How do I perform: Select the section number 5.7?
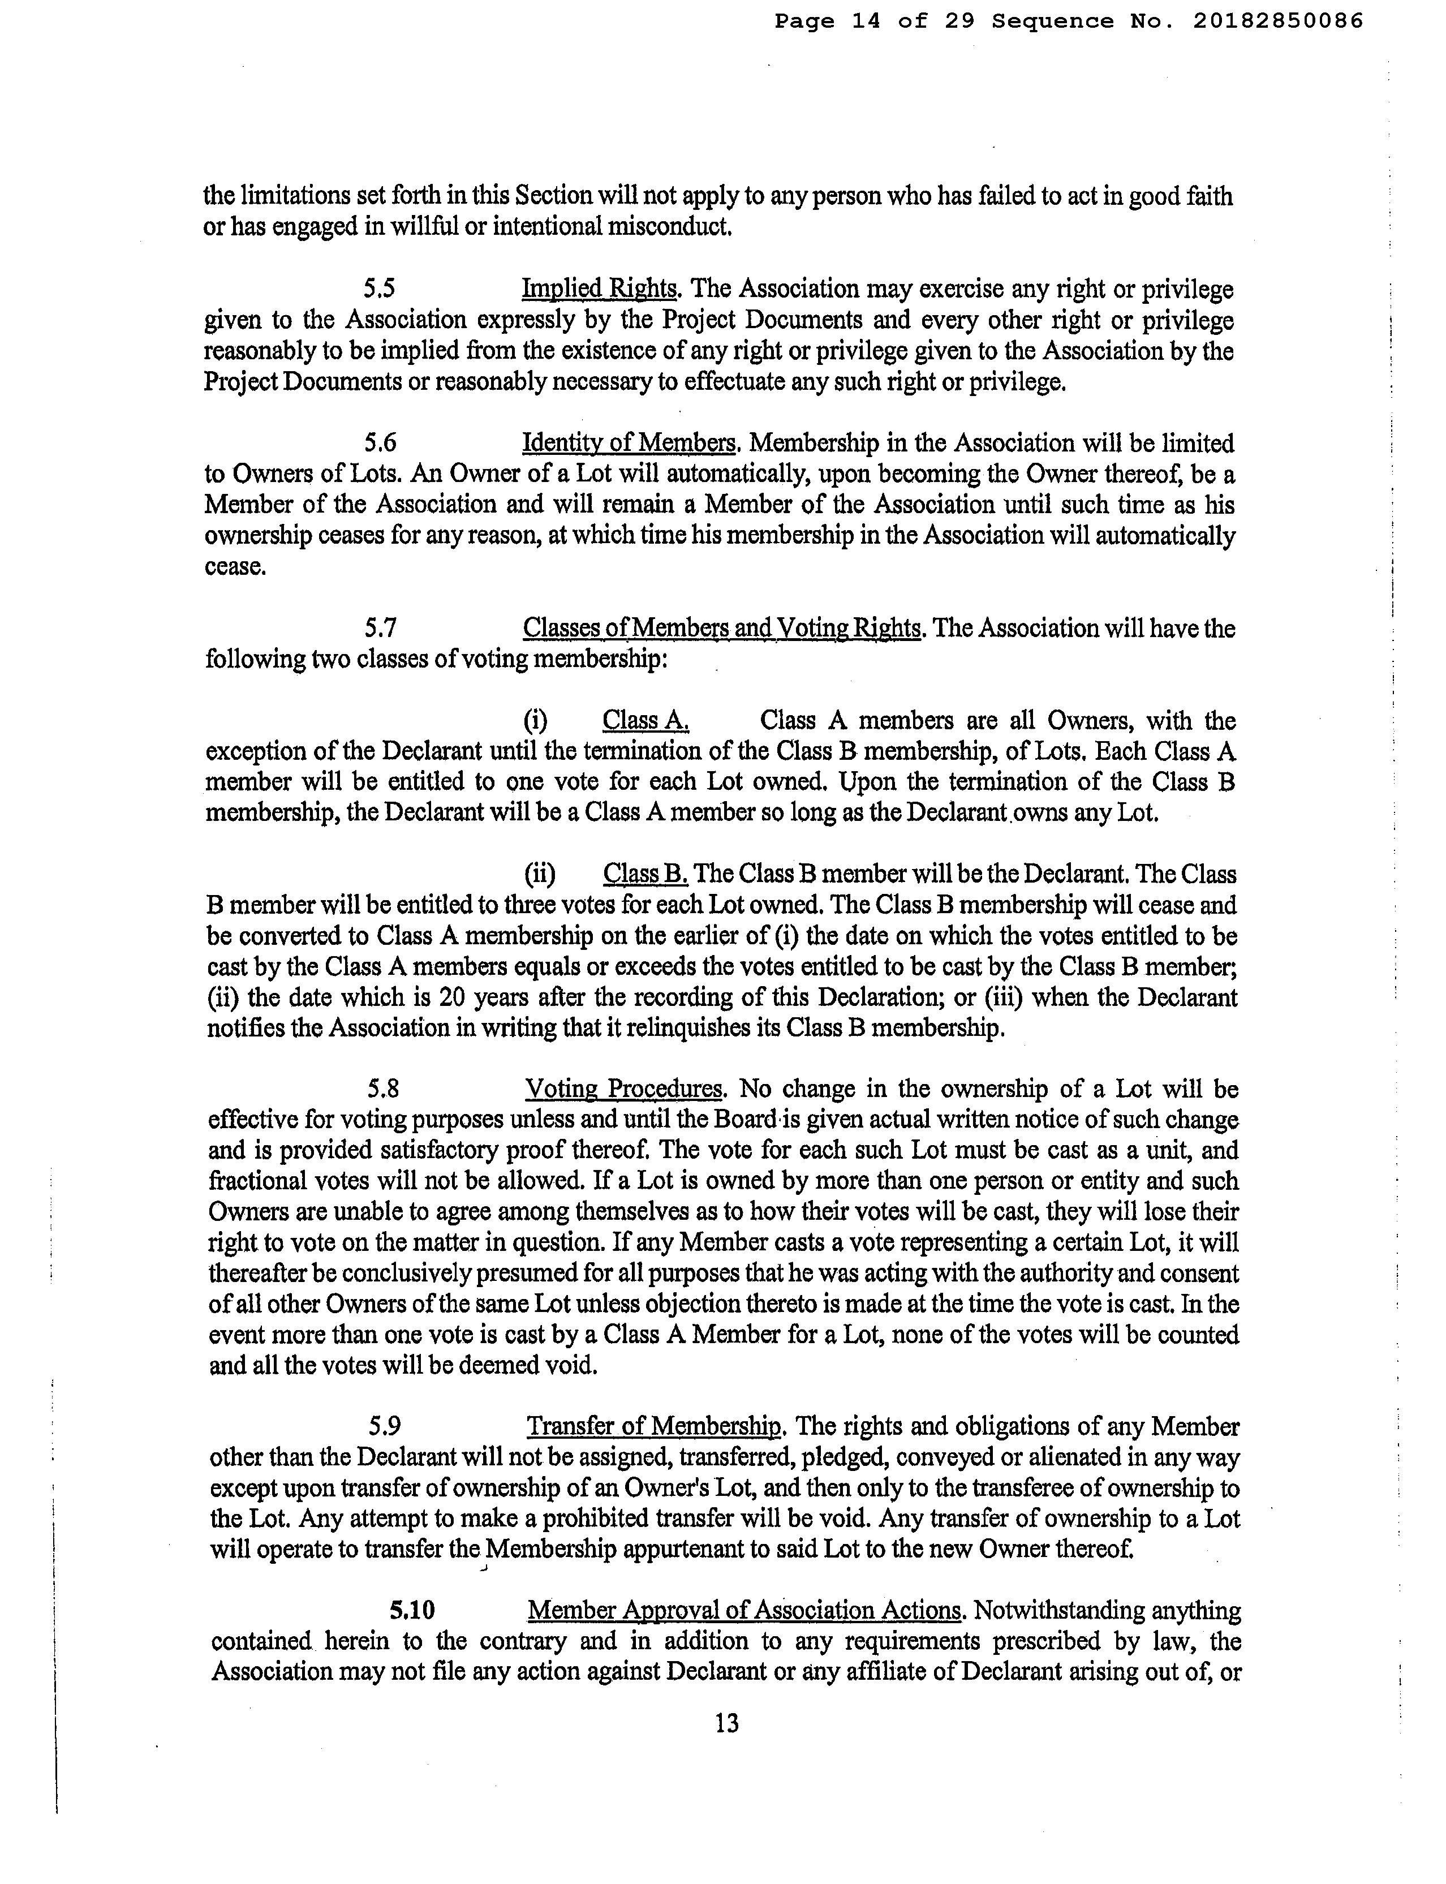[380, 629]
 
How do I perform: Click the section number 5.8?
[382, 1090]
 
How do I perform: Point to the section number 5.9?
[384, 1427]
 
